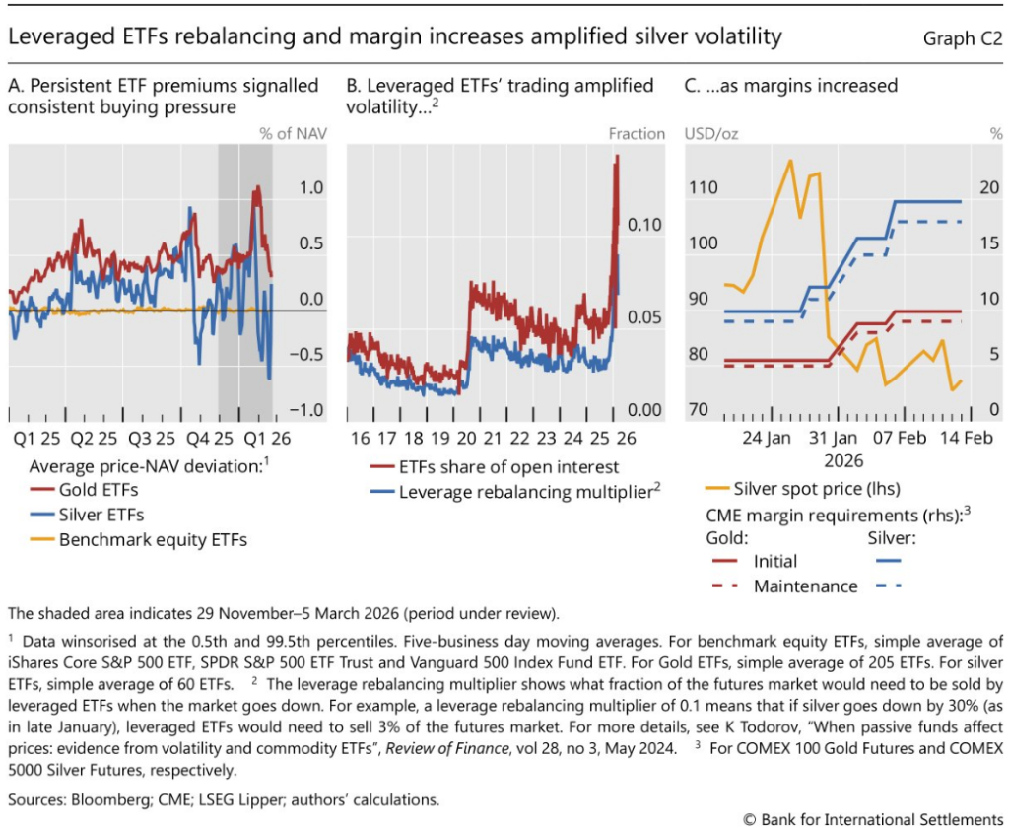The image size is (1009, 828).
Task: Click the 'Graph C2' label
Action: (963, 38)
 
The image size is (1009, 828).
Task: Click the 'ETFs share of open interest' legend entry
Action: (504, 466)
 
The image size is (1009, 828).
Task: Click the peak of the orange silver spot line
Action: (789, 160)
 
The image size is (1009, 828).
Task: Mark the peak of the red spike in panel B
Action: (617, 156)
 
